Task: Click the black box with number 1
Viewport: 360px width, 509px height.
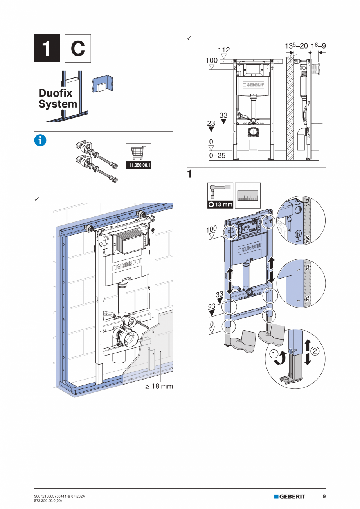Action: tap(47, 48)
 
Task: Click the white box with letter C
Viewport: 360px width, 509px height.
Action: tap(77, 48)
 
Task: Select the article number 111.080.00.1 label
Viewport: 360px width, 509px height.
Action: tap(139, 165)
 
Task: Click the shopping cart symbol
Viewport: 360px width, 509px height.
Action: tap(139, 153)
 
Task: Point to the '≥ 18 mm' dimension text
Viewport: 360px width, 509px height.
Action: tap(158, 386)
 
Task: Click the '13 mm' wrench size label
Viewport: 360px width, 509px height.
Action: tap(220, 205)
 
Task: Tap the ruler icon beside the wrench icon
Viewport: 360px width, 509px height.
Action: tap(248, 195)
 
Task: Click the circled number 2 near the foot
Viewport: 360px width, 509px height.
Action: tap(317, 351)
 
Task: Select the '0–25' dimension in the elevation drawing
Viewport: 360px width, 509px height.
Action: tap(218, 156)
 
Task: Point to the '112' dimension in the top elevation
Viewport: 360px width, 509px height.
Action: tap(224, 50)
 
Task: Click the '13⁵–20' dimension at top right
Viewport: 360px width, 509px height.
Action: tap(296, 46)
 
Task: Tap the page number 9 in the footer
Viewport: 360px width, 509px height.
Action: tap(324, 496)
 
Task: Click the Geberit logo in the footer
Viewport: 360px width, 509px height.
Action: tap(290, 496)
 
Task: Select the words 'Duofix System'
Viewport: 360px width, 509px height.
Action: tap(58, 99)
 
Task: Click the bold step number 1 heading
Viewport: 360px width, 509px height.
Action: tap(189, 174)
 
